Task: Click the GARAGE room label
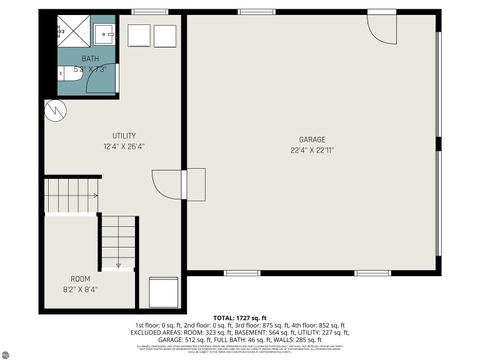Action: point(312,139)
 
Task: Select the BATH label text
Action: point(90,59)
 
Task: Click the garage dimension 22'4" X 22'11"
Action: point(312,150)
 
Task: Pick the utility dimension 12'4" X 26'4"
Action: point(124,146)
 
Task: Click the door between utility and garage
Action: point(164,185)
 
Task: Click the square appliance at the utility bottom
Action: point(162,293)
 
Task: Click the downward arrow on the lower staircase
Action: point(118,263)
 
